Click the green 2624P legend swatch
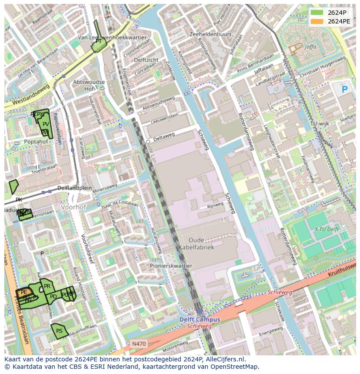[x=317, y=13]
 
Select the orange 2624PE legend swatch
[x=317, y=21]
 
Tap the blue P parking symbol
[x=345, y=90]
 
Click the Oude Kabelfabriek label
[x=196, y=244]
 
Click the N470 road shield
[x=139, y=344]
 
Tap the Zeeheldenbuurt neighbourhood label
[x=211, y=34]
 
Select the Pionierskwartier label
[x=171, y=266]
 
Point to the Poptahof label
[x=36, y=142]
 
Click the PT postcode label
[x=99, y=41]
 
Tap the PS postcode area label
[x=59, y=331]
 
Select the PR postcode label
[x=47, y=286]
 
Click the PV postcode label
[x=46, y=124]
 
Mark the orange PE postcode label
[x=24, y=293]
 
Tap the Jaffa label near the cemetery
[x=310, y=46]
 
